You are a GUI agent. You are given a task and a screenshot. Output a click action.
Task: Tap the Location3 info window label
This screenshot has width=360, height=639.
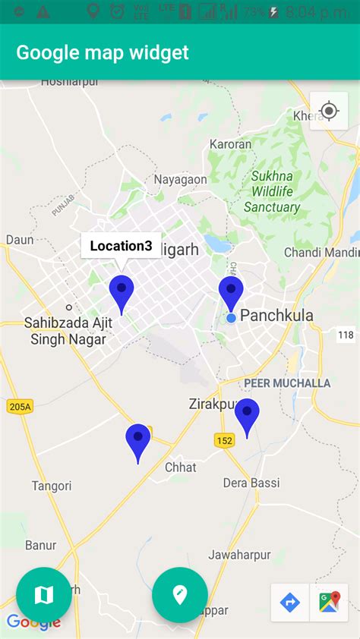point(121,246)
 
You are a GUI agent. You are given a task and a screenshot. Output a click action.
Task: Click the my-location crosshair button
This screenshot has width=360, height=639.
point(329,111)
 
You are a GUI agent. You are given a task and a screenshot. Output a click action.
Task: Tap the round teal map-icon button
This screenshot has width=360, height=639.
point(44,595)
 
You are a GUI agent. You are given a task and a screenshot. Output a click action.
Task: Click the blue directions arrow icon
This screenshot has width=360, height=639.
point(290,603)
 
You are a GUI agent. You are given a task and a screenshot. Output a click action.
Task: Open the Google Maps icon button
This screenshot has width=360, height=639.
point(329,603)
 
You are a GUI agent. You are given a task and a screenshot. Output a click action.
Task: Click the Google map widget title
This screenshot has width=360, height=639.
point(103,52)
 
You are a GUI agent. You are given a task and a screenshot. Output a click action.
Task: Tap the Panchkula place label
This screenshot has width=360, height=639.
point(276,316)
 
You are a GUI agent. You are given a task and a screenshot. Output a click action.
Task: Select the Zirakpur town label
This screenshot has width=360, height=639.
point(213,404)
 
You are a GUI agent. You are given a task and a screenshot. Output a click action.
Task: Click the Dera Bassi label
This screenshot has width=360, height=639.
point(251,483)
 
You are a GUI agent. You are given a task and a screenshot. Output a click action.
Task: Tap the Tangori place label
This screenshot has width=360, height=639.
point(52,486)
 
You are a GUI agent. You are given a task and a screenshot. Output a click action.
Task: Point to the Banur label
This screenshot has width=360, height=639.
point(40,545)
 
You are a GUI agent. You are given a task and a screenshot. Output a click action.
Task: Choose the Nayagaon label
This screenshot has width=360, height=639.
point(180,180)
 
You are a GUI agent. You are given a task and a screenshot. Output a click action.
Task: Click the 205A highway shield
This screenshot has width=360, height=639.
point(19,407)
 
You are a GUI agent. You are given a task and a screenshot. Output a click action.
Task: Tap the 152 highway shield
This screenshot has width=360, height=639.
point(224,441)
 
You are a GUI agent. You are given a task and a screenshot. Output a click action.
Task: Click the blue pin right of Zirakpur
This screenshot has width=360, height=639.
point(247,415)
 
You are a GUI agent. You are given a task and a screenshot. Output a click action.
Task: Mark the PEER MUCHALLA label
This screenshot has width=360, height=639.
point(287,383)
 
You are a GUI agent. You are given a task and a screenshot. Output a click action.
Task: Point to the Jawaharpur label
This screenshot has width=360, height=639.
point(239,555)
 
